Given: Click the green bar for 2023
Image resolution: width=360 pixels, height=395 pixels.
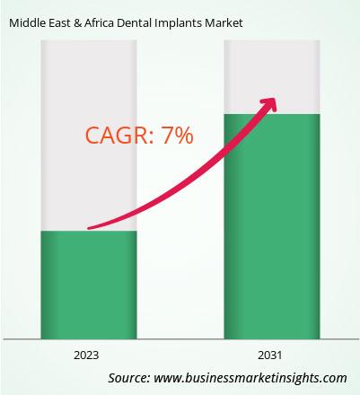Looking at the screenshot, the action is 89,285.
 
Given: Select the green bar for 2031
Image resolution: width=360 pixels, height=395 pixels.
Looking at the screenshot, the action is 272,226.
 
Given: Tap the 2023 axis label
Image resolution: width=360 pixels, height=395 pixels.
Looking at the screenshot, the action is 86,355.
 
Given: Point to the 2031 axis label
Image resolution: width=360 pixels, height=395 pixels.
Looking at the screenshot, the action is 270,355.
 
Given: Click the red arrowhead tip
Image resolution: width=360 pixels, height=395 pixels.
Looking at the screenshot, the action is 275,99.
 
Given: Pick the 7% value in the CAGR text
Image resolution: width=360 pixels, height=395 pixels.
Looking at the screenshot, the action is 177,136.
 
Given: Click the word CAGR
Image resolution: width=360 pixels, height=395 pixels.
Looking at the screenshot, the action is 119,136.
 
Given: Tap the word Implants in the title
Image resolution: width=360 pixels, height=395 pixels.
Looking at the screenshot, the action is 179,23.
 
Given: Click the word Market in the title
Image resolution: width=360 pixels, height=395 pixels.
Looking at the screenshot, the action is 224,23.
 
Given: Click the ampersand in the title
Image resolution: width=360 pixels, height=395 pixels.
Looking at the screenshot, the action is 77,23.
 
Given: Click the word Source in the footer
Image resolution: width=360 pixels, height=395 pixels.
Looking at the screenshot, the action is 129,378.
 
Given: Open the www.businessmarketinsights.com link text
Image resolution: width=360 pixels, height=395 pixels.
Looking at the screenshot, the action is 250,378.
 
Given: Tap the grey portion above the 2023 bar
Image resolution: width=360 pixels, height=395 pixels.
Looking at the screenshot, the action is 89,136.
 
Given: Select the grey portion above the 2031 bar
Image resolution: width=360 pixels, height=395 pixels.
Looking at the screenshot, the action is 272,77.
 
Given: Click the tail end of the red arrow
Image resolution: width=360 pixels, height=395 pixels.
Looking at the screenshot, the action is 89,228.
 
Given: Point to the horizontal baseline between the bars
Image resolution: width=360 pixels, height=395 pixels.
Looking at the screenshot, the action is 180,339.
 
